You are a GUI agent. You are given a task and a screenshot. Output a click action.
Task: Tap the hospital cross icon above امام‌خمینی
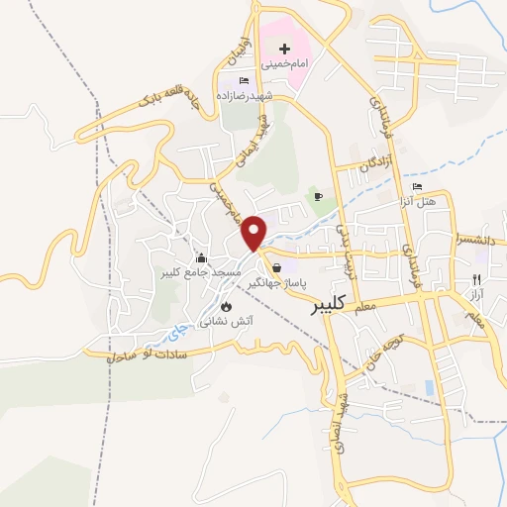[284, 48]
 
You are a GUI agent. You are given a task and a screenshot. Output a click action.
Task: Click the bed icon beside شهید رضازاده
[245, 79]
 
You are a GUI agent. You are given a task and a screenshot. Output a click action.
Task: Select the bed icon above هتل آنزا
[418, 186]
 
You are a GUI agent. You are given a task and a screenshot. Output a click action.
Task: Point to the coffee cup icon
[318, 196]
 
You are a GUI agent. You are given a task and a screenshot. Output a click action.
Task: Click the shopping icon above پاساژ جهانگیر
[276, 267]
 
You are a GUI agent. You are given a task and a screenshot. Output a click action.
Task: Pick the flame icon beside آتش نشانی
[226, 306]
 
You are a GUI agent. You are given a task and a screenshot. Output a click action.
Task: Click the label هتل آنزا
[433, 201]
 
